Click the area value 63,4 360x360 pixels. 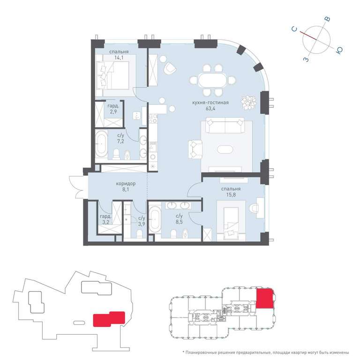(210, 109)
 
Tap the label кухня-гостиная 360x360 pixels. (210, 103)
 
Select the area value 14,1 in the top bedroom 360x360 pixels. (119, 58)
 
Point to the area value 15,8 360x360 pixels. (231, 195)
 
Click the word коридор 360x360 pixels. (126, 184)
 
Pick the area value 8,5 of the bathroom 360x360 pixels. (179, 222)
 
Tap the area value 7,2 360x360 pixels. (120, 142)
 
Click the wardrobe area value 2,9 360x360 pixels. (113, 112)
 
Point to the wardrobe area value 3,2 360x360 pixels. (105, 222)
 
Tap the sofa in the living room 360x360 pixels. (225, 125)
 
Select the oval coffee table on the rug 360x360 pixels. (225, 150)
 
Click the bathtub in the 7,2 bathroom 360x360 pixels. (101, 144)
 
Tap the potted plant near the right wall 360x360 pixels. (248, 102)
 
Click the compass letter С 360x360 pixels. (294, 30)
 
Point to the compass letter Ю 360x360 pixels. (339, 50)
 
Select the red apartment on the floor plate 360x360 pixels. (265, 298)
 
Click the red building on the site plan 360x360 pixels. (109, 319)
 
